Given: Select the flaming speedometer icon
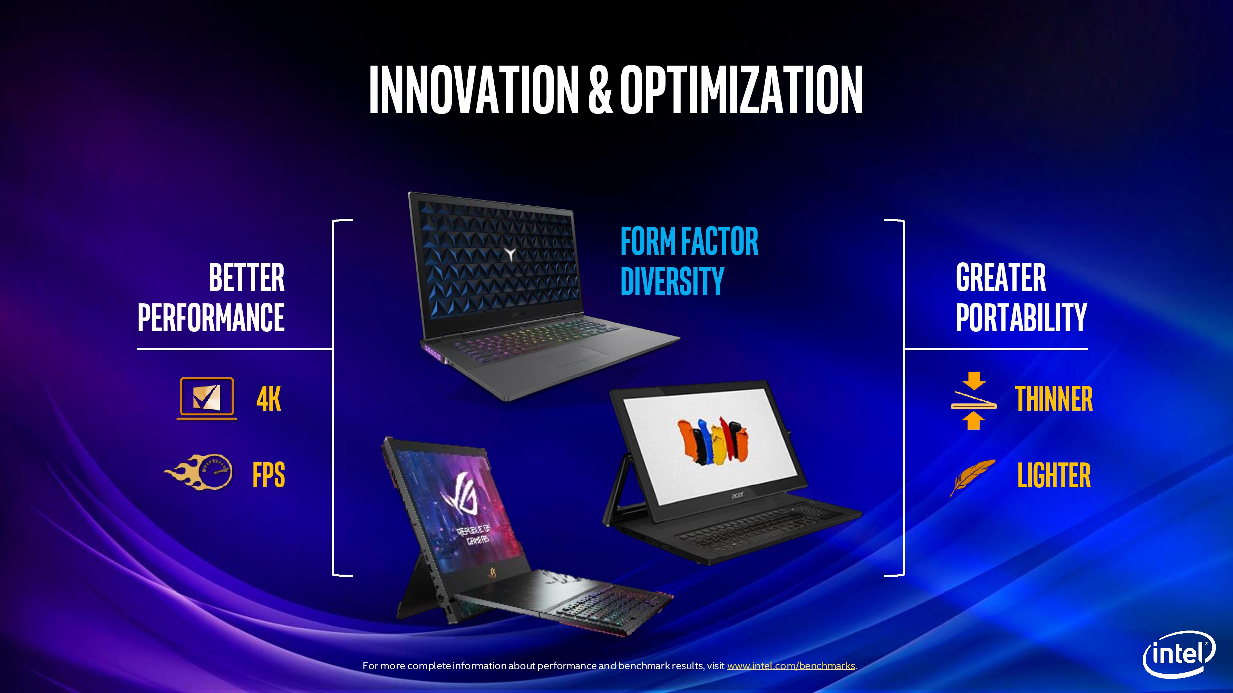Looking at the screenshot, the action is [198, 471].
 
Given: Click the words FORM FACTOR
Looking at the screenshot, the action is [689, 241].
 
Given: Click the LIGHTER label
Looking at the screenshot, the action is [1054, 475].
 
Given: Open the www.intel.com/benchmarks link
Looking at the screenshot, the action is [791, 666].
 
